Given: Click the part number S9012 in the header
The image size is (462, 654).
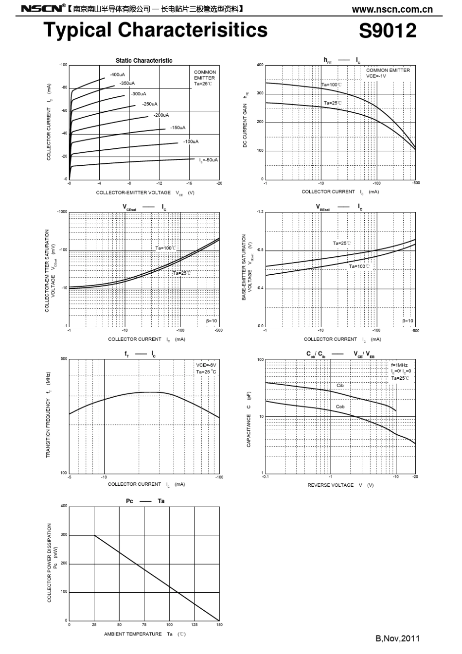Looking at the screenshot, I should [x=387, y=31].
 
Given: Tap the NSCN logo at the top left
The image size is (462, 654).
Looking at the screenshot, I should [x=41, y=8].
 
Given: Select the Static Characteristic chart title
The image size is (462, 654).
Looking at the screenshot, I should [x=144, y=61].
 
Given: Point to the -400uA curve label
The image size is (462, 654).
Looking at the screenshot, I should [x=117, y=74].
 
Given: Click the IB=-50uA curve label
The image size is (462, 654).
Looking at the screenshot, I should [x=209, y=159].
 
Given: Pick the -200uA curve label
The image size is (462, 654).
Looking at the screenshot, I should [x=161, y=115].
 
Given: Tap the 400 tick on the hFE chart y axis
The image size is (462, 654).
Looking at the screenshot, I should [x=260, y=65].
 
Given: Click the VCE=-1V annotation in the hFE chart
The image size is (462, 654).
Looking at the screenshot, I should [x=376, y=76].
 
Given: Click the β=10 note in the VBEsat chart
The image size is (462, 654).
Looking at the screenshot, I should [x=408, y=321].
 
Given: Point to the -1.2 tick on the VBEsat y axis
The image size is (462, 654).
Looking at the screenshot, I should [x=260, y=212].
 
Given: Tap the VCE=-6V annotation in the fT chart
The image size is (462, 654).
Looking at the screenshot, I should [x=206, y=365].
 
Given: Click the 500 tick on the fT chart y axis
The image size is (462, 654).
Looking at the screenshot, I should [x=64, y=359].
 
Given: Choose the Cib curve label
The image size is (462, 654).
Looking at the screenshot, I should [x=340, y=386].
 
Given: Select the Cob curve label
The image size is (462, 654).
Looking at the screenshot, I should [x=340, y=407].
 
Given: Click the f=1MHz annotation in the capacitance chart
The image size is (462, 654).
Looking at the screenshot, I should [x=399, y=365].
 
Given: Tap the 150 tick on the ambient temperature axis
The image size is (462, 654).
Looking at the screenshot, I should [x=219, y=625].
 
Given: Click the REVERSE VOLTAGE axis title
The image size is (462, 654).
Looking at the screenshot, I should [x=331, y=485].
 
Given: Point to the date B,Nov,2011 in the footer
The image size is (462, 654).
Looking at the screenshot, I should [x=397, y=638].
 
